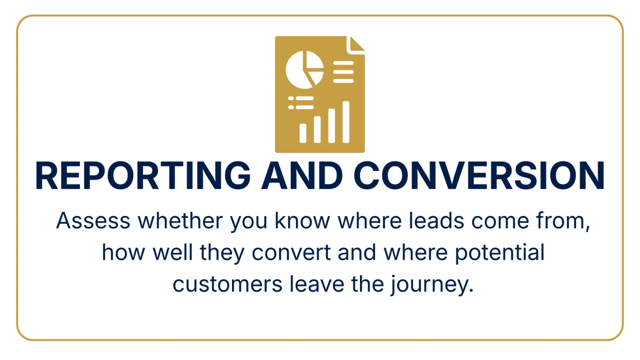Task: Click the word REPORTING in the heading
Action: click(143, 175)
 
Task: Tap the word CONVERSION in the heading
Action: click(479, 175)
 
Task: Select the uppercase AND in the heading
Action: click(302, 175)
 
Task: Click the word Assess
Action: click(93, 221)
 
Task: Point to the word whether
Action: click(180, 221)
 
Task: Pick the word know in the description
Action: click(302, 221)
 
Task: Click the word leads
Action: click(436, 221)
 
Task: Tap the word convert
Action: click(291, 253)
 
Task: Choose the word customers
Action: click(227, 285)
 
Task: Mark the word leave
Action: click(317, 284)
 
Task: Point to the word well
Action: click(173, 252)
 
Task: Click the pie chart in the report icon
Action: click(305, 70)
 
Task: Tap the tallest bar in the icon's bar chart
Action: click(346, 122)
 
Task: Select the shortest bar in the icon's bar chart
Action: click(303, 133)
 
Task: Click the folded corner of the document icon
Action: click(356, 45)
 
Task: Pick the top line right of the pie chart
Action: click(343, 63)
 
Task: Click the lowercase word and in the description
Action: click(357, 252)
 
